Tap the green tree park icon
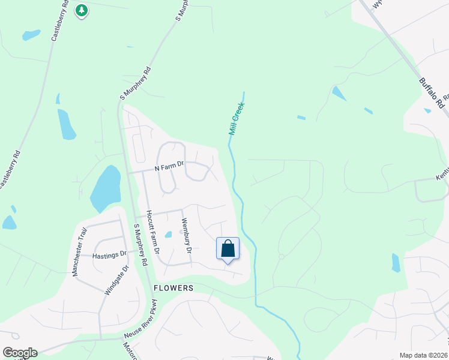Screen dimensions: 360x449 pos(82,10)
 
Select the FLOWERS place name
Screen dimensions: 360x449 pos(173,288)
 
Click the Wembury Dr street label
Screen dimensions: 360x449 pos(187,235)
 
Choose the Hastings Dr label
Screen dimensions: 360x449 pos(110,255)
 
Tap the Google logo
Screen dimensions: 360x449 pos(20,353)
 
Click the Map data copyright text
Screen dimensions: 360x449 pos(424,355)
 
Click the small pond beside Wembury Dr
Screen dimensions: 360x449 pos(169,235)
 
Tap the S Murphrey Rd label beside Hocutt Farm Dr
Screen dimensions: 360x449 pos(140,244)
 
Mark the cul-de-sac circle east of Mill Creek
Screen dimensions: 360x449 pos(281,256)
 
